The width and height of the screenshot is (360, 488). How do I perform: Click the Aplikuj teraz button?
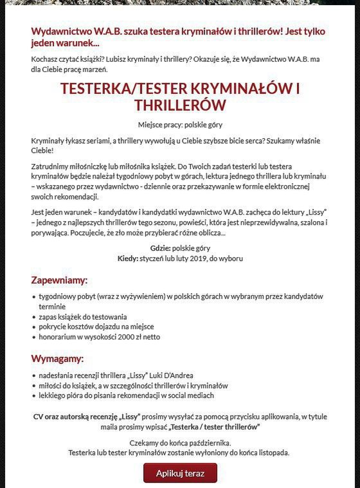click(x=180, y=473)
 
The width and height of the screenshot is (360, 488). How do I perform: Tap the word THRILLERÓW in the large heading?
click(x=180, y=105)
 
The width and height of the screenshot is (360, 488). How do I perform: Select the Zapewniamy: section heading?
click(x=59, y=280)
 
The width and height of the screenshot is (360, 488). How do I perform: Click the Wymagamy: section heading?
click(x=57, y=358)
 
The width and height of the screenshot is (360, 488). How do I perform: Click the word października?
click(x=209, y=443)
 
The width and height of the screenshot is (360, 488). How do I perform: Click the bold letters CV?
click(x=39, y=417)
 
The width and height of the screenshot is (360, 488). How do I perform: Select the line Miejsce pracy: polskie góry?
click(x=180, y=124)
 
